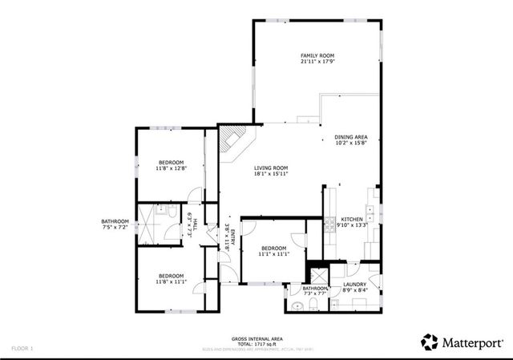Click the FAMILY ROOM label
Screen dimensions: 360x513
[317, 55]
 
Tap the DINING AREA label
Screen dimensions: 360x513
[351, 137]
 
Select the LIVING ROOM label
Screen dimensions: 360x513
[271, 167]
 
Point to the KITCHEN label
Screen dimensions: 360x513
[353, 219]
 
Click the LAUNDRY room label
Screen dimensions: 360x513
[355, 284]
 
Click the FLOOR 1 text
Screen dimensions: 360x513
[22, 349]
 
